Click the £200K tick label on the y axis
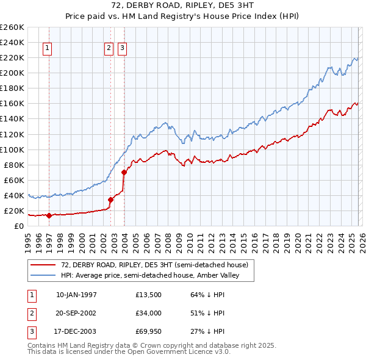(12, 73)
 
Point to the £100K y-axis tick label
(12, 149)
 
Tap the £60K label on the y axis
(13, 180)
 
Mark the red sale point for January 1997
(49, 215)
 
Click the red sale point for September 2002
(110, 200)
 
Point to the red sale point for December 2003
(124, 172)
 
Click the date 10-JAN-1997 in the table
(76, 295)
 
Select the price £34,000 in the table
(149, 313)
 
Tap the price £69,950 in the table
(149, 331)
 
